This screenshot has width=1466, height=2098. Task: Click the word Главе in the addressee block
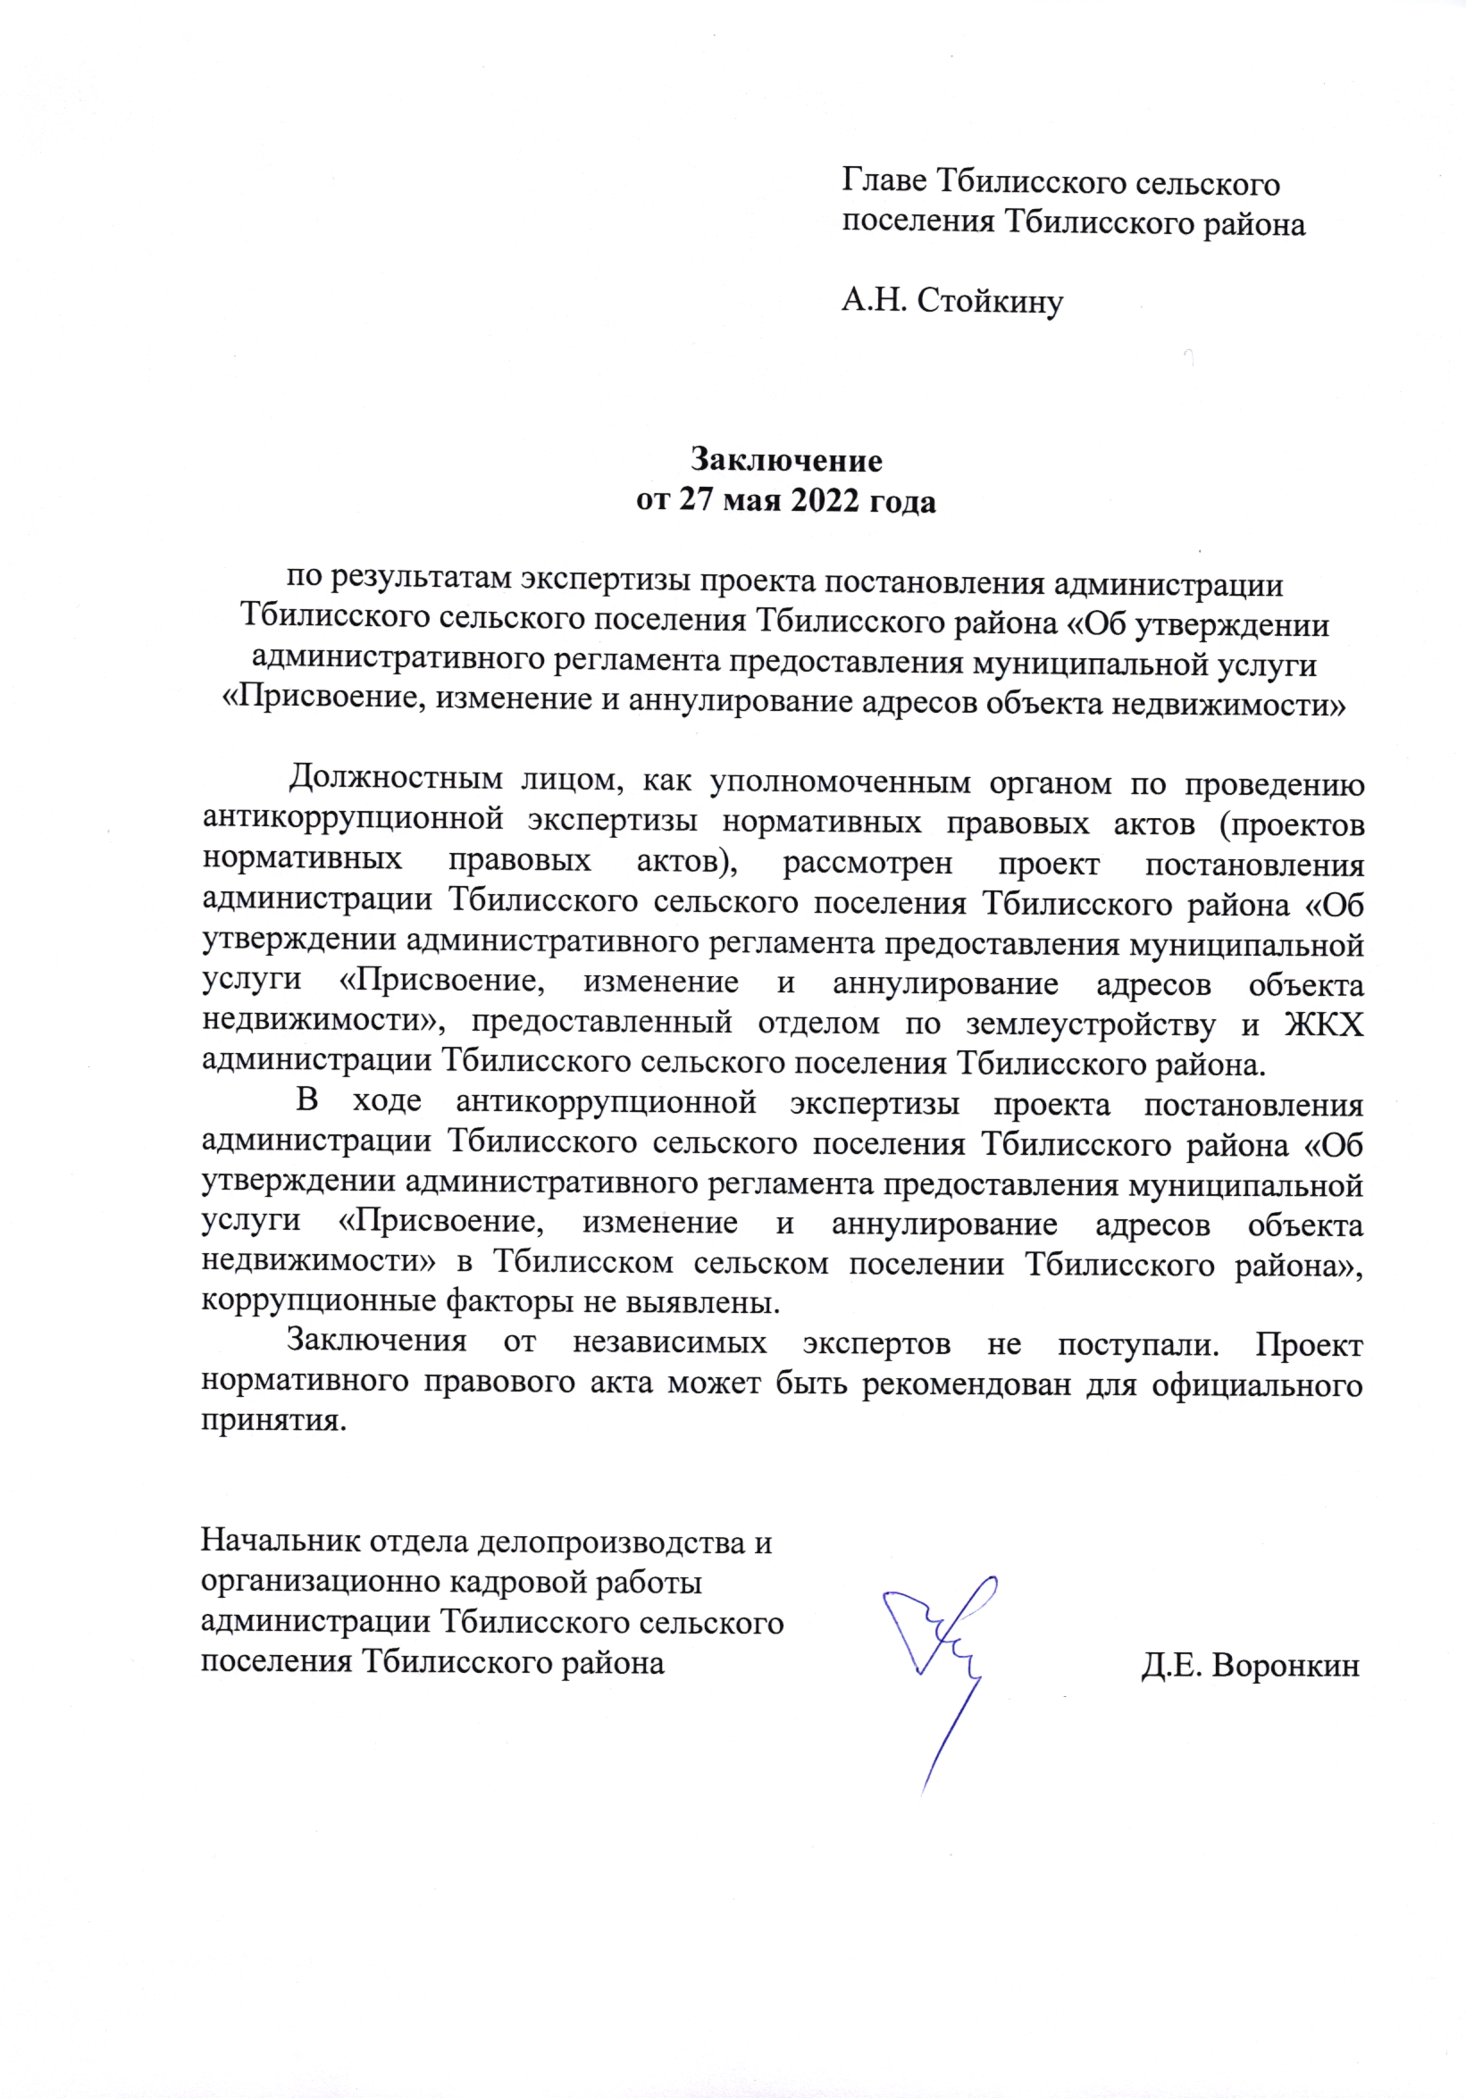(x=883, y=183)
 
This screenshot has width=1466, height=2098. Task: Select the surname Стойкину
(x=990, y=301)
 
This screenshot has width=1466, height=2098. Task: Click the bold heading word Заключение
(x=786, y=460)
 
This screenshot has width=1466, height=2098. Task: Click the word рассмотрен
(x=867, y=862)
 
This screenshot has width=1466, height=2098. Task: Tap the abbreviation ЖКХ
(x=1323, y=1025)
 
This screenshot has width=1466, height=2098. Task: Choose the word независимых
(x=670, y=1342)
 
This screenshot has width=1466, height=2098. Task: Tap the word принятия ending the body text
(x=273, y=1424)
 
